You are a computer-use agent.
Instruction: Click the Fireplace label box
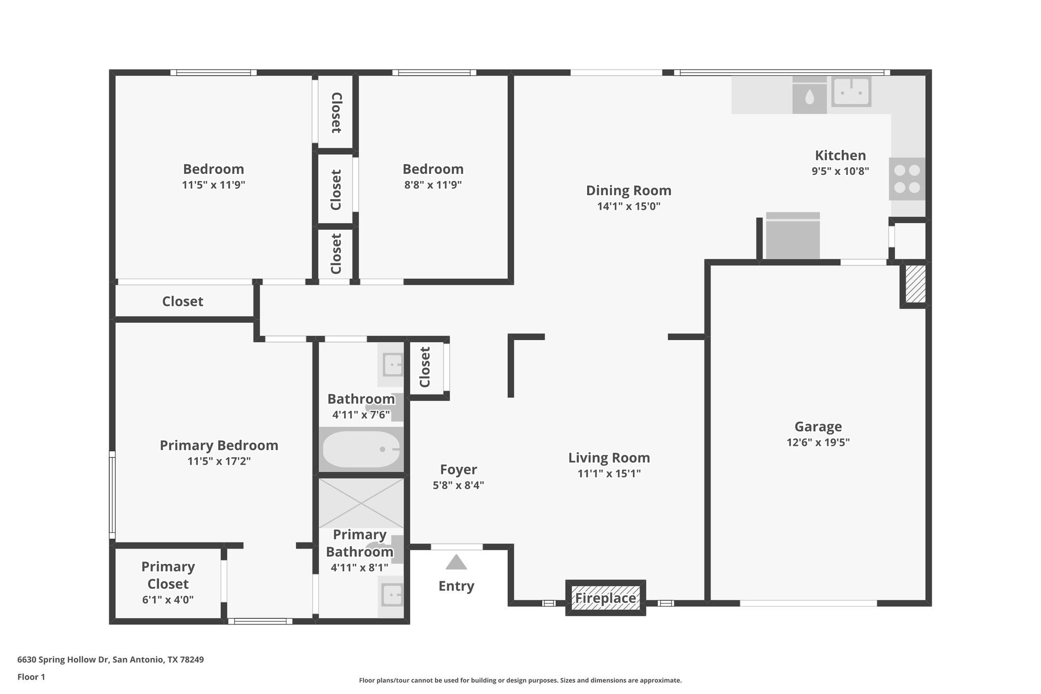pos(605,598)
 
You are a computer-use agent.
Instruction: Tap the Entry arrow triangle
pos(456,563)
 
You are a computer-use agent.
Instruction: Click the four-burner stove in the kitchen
pos(907,179)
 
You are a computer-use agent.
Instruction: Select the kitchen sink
pos(851,92)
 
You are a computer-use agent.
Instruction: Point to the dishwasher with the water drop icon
pos(809,96)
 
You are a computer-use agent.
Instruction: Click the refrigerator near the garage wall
pos(792,236)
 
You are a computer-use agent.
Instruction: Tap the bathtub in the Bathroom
pos(361,449)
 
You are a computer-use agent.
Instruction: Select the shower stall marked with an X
pos(361,503)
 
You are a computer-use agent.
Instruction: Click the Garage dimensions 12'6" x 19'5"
pos(818,442)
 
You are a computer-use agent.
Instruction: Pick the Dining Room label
pos(628,191)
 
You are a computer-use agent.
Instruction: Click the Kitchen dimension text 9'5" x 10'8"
pos(840,171)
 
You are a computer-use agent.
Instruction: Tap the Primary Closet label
pos(168,575)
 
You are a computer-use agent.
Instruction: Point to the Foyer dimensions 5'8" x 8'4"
pos(458,485)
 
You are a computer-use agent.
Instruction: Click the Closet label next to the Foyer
pos(425,367)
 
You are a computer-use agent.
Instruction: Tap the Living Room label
pos(609,458)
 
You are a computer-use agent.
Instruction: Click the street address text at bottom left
pos(110,659)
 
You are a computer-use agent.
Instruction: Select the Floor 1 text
pos(31,677)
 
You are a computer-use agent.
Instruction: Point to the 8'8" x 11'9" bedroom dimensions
pos(433,185)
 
